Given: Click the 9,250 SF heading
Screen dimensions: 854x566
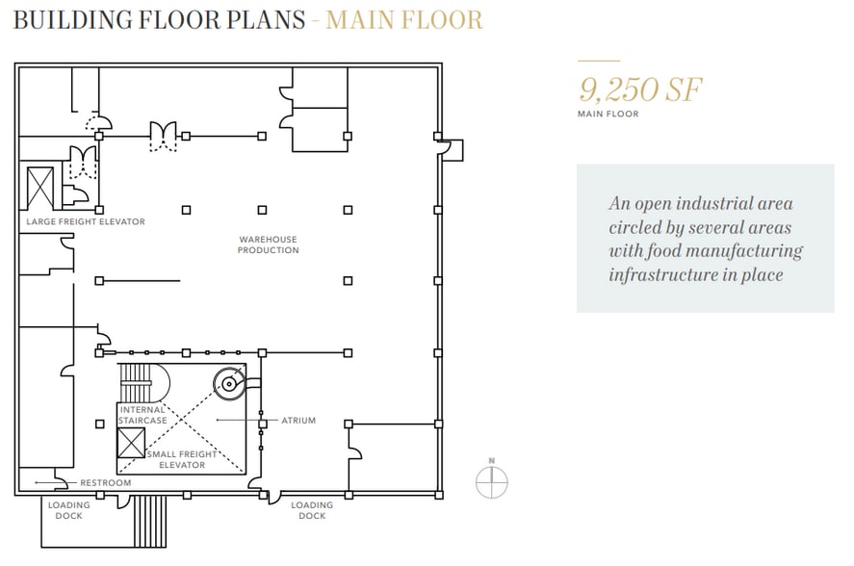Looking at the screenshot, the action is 640,90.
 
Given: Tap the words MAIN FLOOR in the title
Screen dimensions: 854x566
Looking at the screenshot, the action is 404,19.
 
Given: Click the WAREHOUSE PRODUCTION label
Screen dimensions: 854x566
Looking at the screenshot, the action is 268,244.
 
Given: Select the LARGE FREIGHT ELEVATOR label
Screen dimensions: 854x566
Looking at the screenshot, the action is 86,221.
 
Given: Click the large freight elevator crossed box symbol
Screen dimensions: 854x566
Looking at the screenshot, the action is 40,188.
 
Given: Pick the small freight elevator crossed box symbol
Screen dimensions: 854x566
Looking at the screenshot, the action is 131,443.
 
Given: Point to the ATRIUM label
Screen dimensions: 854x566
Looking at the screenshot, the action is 298,421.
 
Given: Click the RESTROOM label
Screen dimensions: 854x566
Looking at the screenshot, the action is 106,482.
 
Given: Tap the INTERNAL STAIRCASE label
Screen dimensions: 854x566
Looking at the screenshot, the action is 142,415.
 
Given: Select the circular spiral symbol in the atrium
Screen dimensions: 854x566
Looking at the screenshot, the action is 229,383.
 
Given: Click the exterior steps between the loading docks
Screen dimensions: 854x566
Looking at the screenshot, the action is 150,522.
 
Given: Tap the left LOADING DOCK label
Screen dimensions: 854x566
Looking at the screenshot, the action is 68,510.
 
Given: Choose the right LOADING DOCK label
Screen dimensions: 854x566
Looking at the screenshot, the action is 312,510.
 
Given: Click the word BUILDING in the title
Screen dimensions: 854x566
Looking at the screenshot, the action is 72,19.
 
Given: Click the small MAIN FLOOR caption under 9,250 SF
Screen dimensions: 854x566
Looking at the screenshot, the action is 608,114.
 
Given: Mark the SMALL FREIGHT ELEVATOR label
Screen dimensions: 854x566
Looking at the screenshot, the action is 182,459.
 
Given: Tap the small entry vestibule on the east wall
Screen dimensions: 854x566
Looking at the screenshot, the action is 452,150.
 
